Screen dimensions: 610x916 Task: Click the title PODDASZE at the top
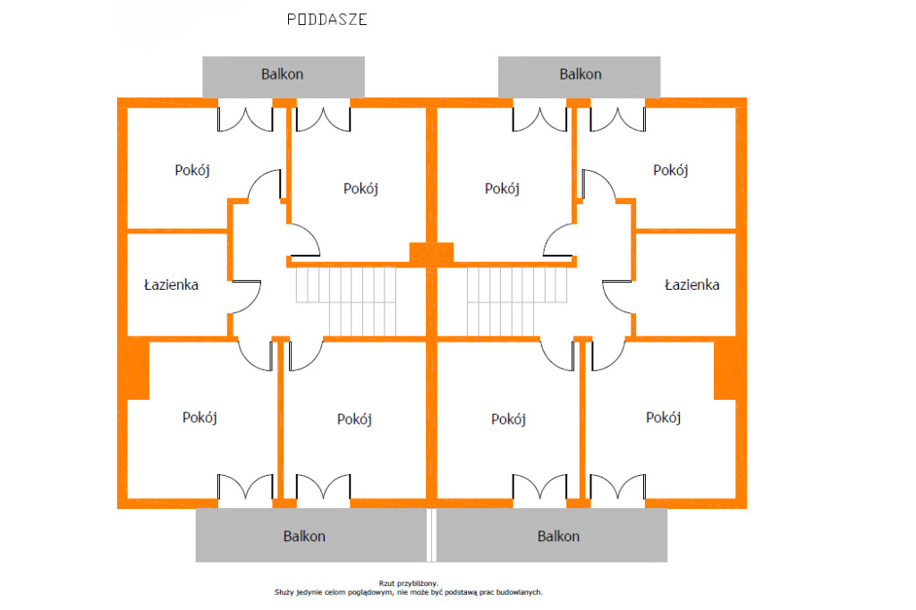click(327, 19)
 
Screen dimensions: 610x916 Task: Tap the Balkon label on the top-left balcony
click(282, 74)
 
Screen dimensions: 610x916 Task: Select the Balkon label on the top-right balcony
click(581, 74)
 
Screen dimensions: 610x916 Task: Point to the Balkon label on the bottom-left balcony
click(304, 537)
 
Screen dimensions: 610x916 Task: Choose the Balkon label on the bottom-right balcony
click(558, 537)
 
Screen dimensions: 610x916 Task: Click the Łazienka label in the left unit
click(171, 285)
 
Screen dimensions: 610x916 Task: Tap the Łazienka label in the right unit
click(691, 285)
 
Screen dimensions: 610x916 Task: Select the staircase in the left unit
click(345, 301)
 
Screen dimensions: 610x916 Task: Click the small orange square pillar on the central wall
click(420, 253)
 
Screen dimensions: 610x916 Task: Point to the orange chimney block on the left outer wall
click(138, 368)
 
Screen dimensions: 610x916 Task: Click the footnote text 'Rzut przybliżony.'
click(409, 582)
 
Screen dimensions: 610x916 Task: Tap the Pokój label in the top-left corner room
click(192, 170)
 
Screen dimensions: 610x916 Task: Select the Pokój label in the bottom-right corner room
click(664, 418)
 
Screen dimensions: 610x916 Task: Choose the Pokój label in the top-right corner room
click(670, 170)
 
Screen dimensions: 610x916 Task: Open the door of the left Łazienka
click(246, 296)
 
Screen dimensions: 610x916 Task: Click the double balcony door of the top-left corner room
click(245, 118)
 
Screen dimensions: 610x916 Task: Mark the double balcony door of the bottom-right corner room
click(617, 487)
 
